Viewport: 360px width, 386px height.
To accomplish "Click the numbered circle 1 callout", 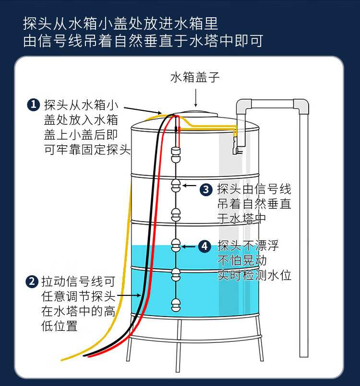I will click(33, 105).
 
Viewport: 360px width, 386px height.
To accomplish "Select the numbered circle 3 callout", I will click(206, 189).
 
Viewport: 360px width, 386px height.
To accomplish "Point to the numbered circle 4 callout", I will click(205, 246).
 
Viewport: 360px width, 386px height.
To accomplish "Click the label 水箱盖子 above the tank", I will click(195, 78).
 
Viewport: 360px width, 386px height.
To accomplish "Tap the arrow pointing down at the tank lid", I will click(195, 98).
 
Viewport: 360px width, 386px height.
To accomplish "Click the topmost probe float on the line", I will click(176, 153).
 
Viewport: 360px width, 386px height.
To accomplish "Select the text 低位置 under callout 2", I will click(60, 326).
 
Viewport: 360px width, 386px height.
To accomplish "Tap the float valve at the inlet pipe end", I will click(235, 151).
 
